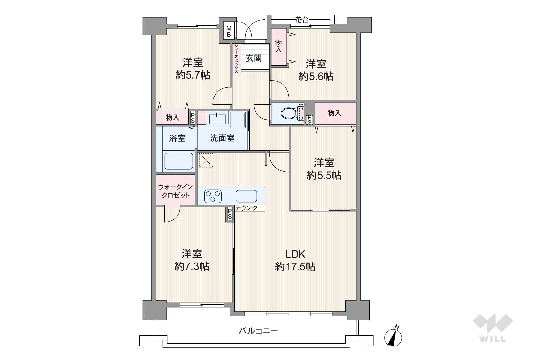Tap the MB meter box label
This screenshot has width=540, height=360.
click(229, 31)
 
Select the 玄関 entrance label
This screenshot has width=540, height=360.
click(254, 58)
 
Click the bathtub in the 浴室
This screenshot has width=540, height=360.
click(179, 161)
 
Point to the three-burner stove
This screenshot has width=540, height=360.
click(213, 196)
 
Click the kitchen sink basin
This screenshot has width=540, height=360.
click(246, 196)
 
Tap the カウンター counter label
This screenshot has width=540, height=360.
click(249, 208)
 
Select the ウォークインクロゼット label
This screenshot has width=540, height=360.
click(175, 191)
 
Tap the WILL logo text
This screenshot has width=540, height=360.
click(493, 339)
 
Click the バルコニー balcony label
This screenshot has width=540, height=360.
click(258, 331)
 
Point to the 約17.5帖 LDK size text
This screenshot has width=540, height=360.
click(295, 267)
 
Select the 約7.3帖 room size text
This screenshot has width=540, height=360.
click(192, 266)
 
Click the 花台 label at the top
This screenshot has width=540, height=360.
click(301, 20)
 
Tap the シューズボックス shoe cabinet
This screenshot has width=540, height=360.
click(237, 59)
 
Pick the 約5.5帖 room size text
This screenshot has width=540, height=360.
click(324, 176)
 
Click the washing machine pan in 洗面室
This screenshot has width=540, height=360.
click(238, 120)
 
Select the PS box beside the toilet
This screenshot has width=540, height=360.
click(309, 120)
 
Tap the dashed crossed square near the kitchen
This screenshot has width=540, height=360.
click(206, 160)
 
